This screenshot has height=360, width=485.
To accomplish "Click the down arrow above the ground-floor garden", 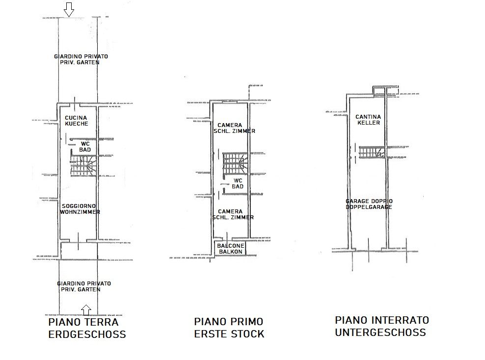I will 69,10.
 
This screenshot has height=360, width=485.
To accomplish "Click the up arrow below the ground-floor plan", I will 86,309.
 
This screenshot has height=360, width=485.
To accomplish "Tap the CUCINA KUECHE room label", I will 76,121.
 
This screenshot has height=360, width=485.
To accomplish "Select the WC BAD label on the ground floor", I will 85,147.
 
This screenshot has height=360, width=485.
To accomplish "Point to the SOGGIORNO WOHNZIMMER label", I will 80,209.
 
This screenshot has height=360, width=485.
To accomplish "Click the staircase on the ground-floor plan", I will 82,165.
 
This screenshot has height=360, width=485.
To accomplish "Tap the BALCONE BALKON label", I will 230,249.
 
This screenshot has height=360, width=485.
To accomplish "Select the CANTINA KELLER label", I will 368,120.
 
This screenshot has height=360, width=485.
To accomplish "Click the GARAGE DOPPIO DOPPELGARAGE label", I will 369,204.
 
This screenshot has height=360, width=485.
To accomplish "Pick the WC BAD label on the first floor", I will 238,183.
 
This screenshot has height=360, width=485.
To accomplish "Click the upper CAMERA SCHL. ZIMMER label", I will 234,128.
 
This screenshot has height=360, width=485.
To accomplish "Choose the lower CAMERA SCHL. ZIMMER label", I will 233,214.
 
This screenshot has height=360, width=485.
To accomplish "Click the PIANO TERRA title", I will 83,322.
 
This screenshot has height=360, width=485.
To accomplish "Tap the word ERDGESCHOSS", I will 87,334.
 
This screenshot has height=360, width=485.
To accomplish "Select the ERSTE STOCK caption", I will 229,334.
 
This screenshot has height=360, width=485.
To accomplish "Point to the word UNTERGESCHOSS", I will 380,332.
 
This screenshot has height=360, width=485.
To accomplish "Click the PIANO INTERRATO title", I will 382,320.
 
